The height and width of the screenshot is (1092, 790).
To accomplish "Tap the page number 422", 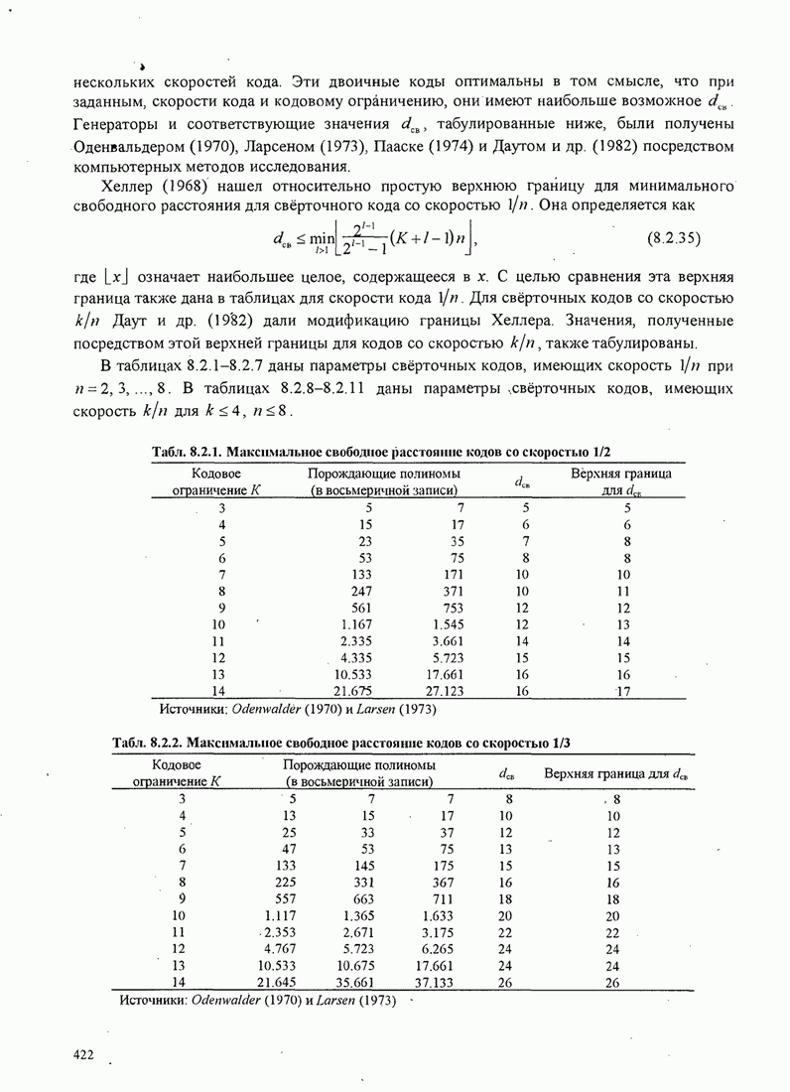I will tap(83, 1054).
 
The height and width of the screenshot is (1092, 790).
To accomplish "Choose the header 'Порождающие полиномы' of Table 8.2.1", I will tap(382, 474).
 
